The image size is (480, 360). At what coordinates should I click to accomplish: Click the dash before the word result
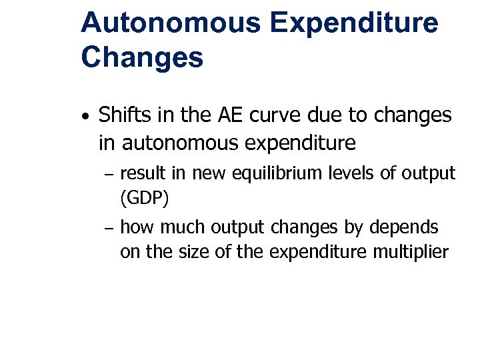110,176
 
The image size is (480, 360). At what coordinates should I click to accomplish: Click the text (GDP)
144,197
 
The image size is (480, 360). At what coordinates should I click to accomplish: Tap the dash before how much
110,229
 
